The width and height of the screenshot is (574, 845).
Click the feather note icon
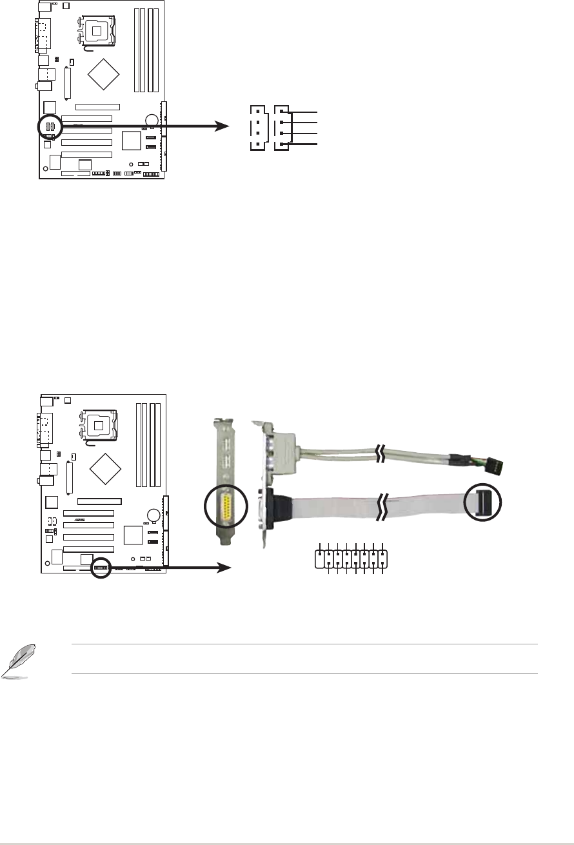coord(14,664)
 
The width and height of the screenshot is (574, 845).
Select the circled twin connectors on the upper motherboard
coord(49,126)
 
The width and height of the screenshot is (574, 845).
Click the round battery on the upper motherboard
coord(152,120)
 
